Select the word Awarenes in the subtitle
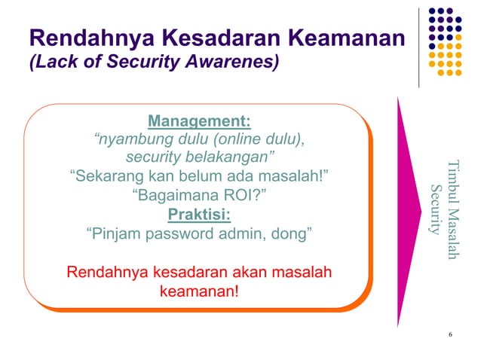pos(236,63)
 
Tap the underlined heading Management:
pos(199,121)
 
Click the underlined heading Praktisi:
pos(199,215)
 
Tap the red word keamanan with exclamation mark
pos(199,289)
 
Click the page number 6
pos(449,334)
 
